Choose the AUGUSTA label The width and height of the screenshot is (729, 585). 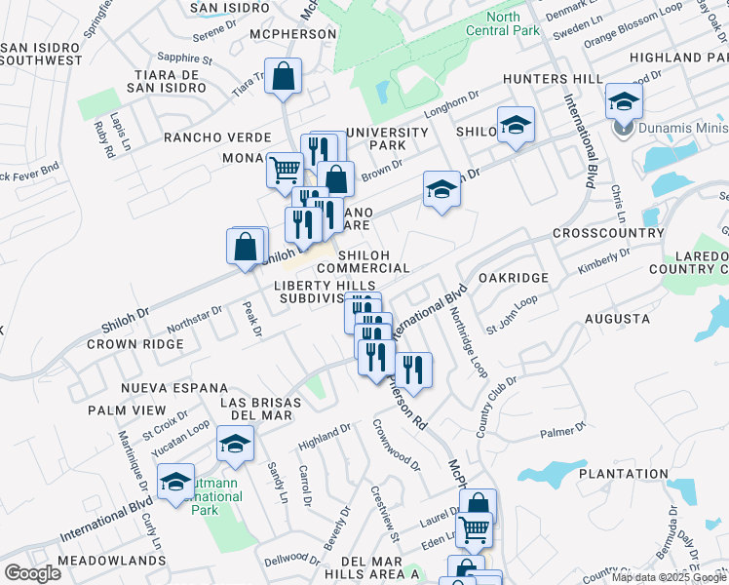pyautogui.click(x=617, y=319)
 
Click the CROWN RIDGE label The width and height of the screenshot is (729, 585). pyautogui.click(x=134, y=344)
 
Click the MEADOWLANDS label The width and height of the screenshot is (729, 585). pyautogui.click(x=111, y=562)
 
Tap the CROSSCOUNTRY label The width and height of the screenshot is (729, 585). pyautogui.click(x=600, y=234)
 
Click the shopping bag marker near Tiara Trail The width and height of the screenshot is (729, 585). pyautogui.click(x=283, y=78)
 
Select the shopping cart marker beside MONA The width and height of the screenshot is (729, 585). pyautogui.click(x=285, y=170)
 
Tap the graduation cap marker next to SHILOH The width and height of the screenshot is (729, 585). pyautogui.click(x=516, y=125)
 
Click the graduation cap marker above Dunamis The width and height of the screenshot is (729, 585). pyautogui.click(x=623, y=100)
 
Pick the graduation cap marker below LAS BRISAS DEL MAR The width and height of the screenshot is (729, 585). pyautogui.click(x=234, y=445)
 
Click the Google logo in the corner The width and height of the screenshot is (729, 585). pyautogui.click(x=32, y=572)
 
